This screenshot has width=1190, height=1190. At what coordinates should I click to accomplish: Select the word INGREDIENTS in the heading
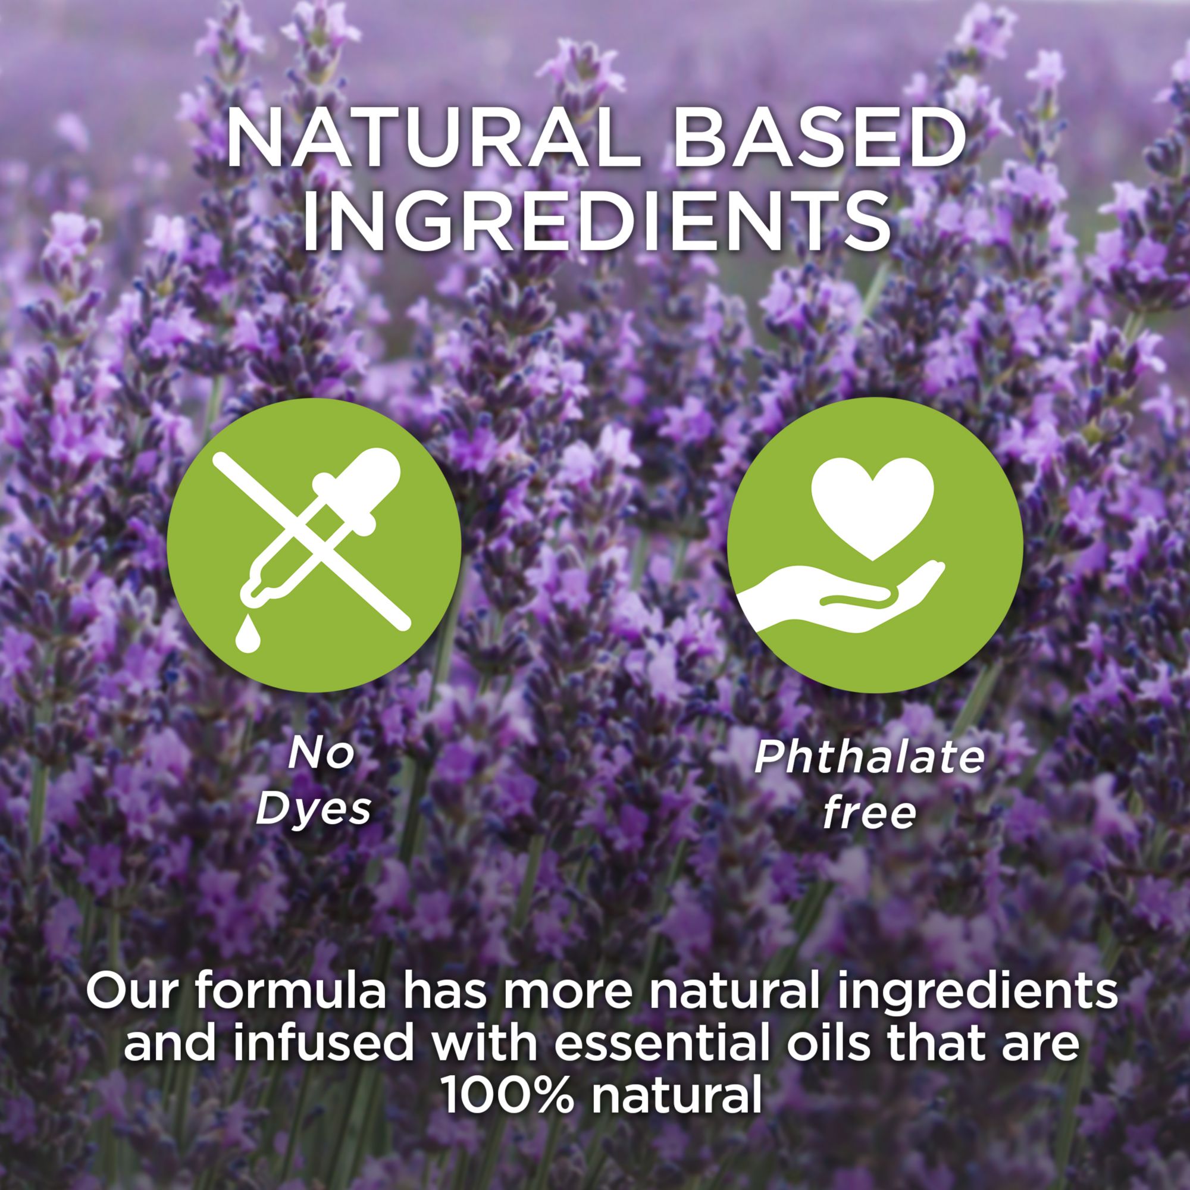(596, 222)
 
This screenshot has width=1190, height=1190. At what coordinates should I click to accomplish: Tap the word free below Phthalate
(869, 812)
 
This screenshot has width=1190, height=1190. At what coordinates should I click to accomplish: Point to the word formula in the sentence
(292, 992)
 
